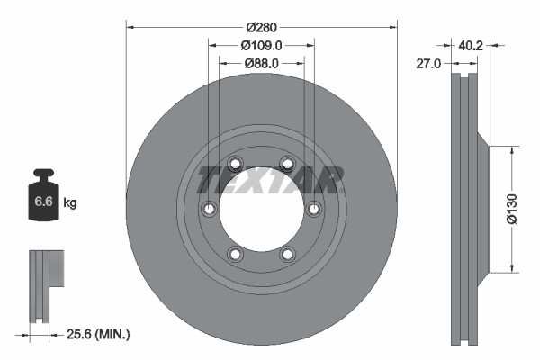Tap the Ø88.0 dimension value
click(x=262, y=63)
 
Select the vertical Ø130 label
click(x=511, y=209)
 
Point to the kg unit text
click(x=70, y=203)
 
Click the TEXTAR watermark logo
click(x=270, y=179)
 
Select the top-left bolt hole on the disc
click(x=235, y=164)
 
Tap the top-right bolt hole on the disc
click(x=287, y=164)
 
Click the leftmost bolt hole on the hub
click(x=209, y=209)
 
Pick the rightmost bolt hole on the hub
click(x=313, y=209)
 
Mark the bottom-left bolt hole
click(x=235, y=254)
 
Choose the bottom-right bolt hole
click(x=287, y=254)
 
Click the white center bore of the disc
click(x=261, y=209)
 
